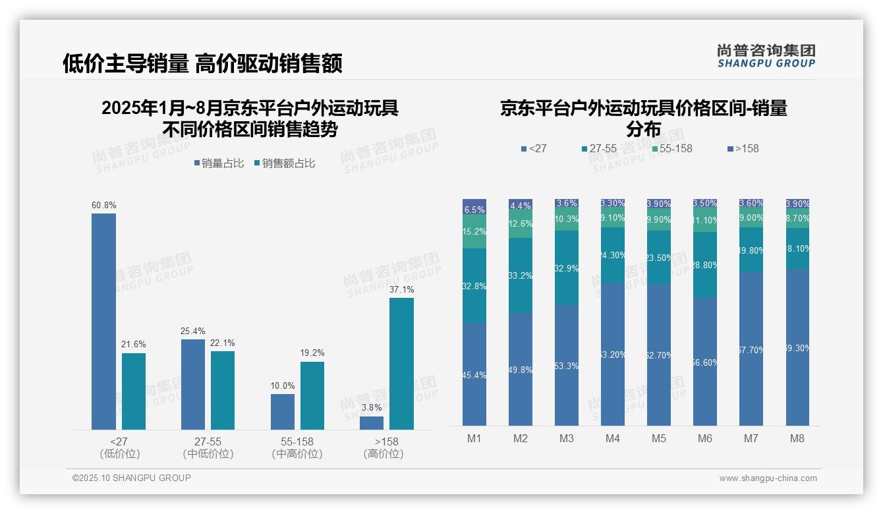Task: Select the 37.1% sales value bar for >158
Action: pyautogui.click(x=401, y=364)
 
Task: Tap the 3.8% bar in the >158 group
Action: pyautogui.click(x=372, y=423)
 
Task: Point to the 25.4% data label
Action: pyautogui.click(x=193, y=331)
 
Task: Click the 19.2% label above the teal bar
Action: pyautogui.click(x=312, y=353)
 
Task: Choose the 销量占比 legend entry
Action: pyautogui.click(x=219, y=163)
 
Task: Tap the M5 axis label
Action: pyautogui.click(x=659, y=438)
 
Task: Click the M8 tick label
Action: pyautogui.click(x=797, y=438)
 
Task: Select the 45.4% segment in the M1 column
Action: pyautogui.click(x=474, y=374)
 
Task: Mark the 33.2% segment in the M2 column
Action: pyautogui.click(x=521, y=275)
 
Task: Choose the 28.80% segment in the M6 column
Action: pyautogui.click(x=705, y=265)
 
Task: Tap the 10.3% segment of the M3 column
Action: pyautogui.click(x=567, y=219)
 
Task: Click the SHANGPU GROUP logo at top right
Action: pyautogui.click(x=766, y=56)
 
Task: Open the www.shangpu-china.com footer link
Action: pyautogui.click(x=768, y=478)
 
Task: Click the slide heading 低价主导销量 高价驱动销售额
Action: pyautogui.click(x=202, y=64)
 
